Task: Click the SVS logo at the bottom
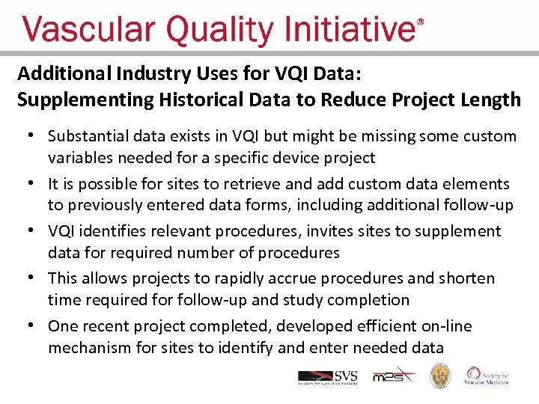328,376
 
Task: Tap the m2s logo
392,376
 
